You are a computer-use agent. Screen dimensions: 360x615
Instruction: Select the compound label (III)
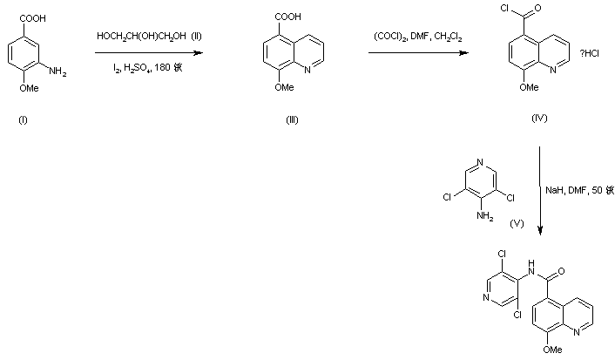292,119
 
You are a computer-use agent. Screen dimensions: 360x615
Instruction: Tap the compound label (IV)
539,118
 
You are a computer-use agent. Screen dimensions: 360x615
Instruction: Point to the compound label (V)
517,224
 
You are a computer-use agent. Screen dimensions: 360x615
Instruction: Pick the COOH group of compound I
24,16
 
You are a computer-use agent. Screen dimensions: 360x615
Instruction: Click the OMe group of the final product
546,352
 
